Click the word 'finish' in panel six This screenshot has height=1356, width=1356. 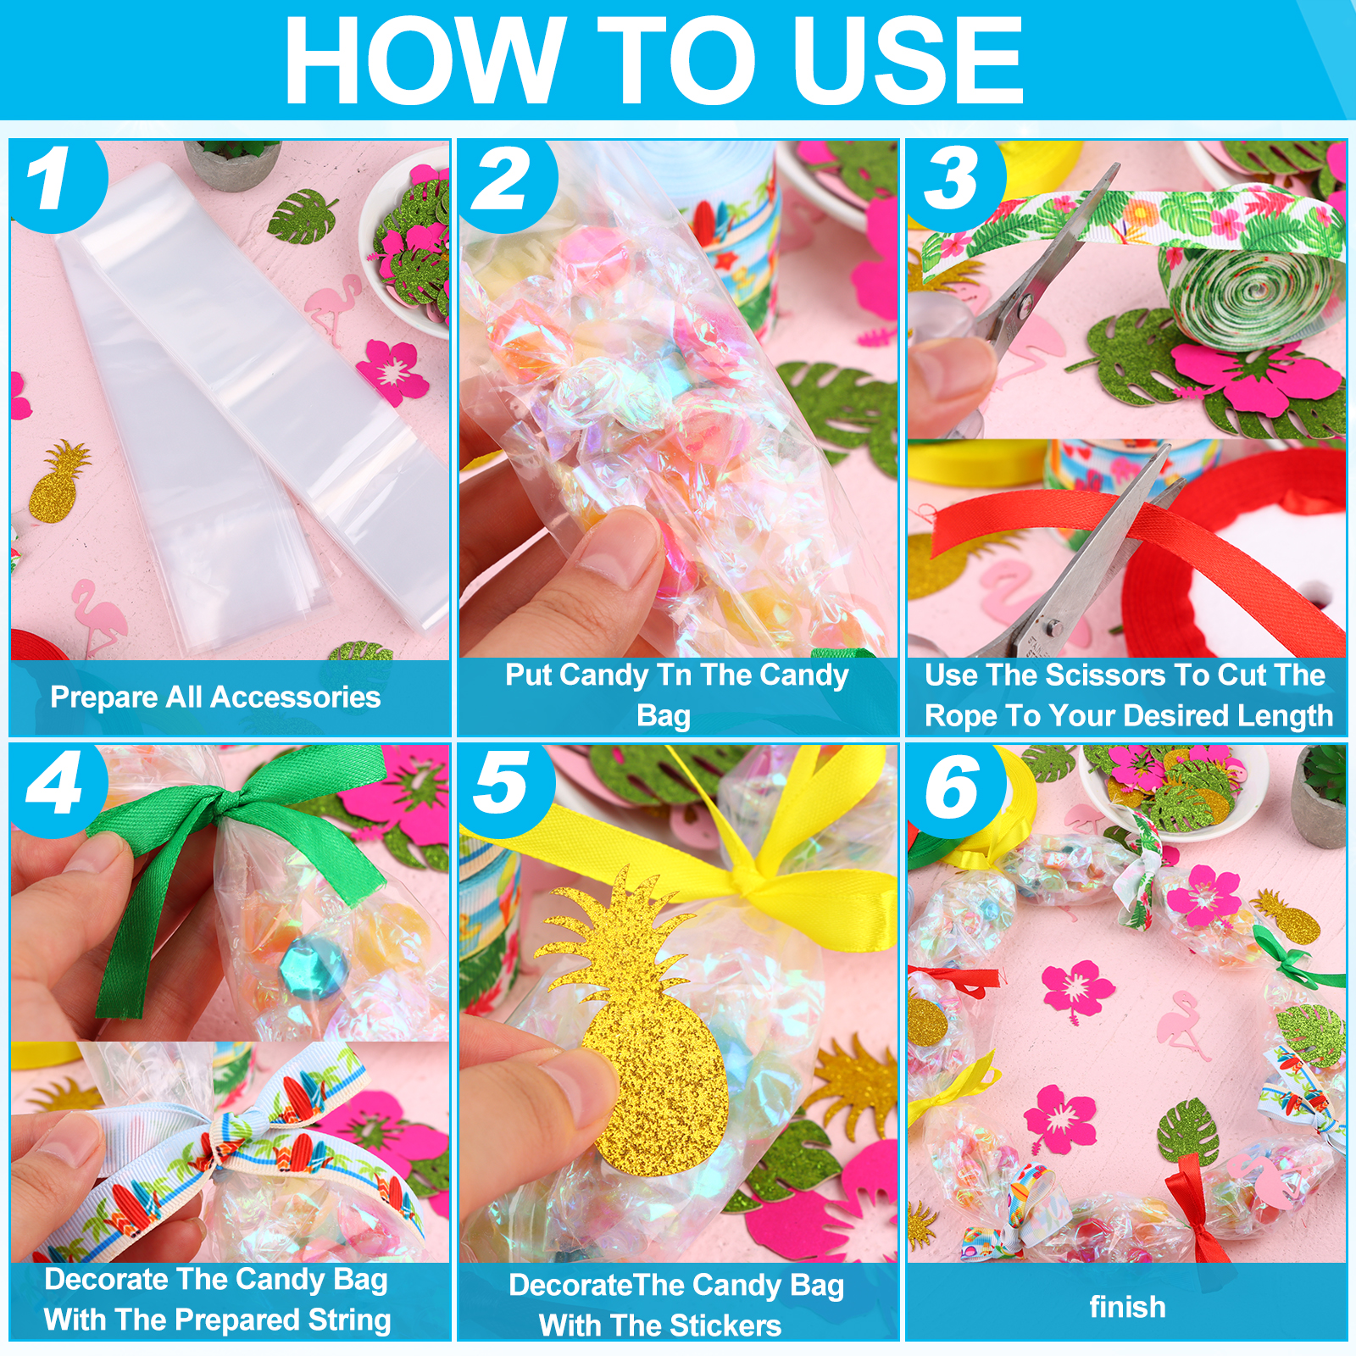[1127, 1306]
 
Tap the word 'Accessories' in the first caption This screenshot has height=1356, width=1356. [295, 697]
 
